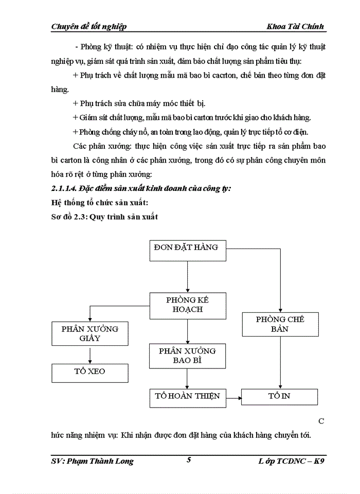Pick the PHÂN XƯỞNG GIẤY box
[x=90, y=333]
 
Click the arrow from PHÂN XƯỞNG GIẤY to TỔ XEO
[x=90, y=355]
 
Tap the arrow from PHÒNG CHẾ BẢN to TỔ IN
[x=280, y=362]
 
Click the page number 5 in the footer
[x=189, y=460]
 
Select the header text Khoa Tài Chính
[x=295, y=26]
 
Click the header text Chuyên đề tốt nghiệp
[x=88, y=26]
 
